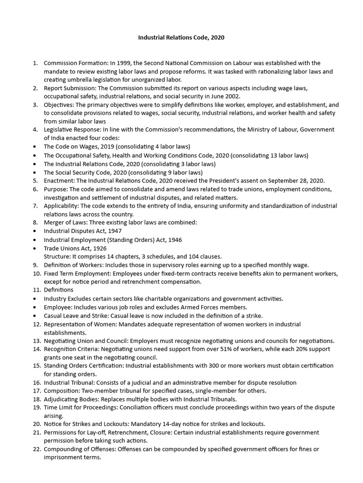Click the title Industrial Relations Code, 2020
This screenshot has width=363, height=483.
tap(181, 37)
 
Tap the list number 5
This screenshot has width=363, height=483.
tap(35, 181)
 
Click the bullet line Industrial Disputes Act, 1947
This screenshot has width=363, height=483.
tap(83, 231)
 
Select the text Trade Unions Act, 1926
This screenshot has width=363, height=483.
tap(75, 248)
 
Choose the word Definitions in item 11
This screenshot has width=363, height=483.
tap(59, 290)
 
